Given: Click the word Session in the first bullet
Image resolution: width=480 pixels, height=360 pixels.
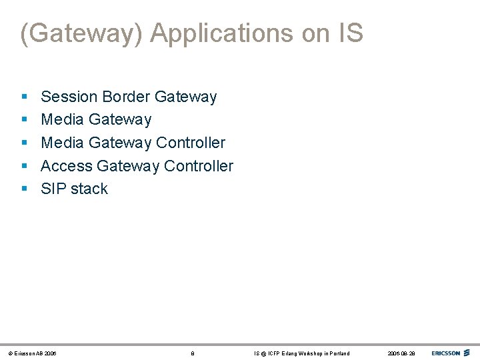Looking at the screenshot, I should click(69, 97).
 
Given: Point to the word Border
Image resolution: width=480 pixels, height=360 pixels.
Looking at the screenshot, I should click(126, 97).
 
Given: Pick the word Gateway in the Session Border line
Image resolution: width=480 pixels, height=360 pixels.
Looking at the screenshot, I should click(185, 97).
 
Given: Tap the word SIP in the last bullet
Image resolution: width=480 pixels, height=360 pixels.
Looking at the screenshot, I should click(53, 189).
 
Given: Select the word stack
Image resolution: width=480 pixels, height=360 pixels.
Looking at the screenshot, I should click(89, 189).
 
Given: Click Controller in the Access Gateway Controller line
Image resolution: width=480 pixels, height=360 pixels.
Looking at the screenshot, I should click(198, 165).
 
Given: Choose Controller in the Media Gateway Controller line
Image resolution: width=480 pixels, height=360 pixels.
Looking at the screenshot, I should click(191, 143).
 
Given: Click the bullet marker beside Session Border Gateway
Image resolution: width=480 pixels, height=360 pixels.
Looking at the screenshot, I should click(24, 97).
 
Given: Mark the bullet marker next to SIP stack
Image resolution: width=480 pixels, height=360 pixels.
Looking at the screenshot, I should click(24, 189).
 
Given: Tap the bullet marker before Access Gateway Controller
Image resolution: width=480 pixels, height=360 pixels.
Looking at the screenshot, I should click(24, 166).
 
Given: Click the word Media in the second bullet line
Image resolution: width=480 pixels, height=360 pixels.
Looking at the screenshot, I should click(62, 119).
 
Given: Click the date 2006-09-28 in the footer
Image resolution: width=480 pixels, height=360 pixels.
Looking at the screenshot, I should click(401, 353).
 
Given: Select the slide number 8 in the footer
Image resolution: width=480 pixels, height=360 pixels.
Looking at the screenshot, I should click(193, 353).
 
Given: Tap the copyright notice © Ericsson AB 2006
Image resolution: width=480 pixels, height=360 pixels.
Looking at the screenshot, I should click(31, 353).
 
